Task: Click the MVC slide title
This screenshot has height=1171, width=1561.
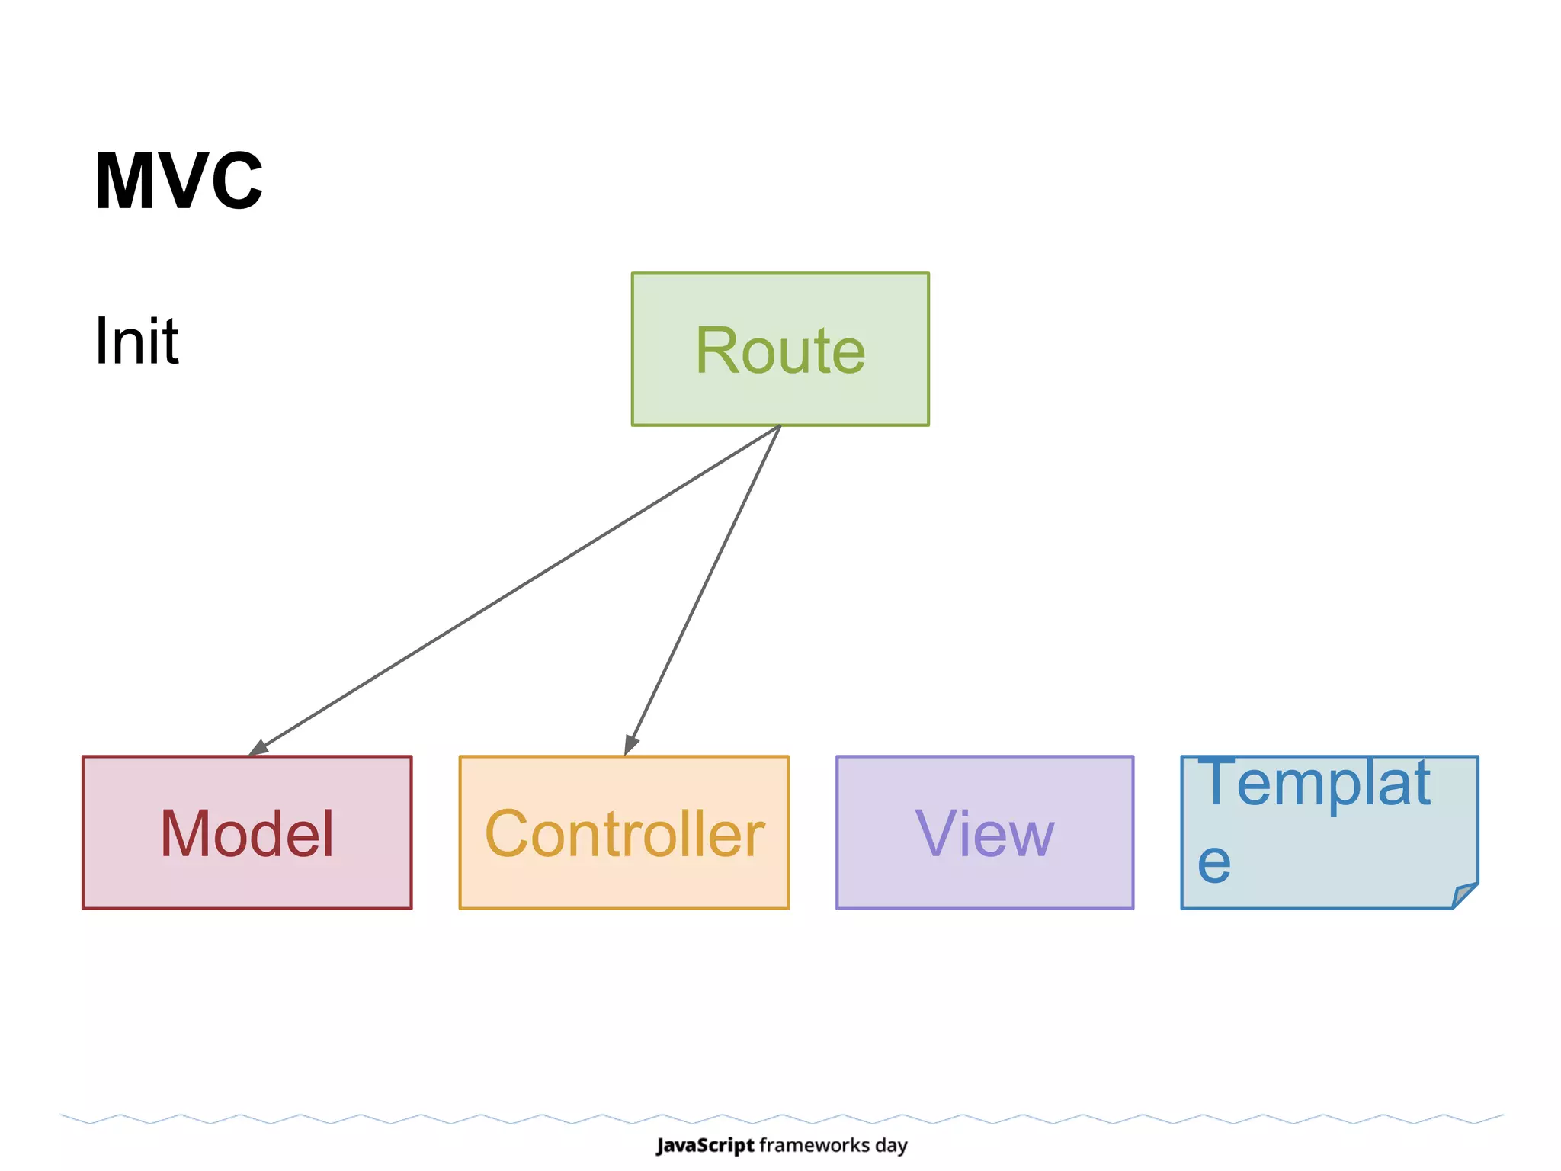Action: (x=178, y=181)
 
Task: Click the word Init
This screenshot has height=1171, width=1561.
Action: (x=136, y=341)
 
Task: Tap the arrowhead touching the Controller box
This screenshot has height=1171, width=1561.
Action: (x=630, y=744)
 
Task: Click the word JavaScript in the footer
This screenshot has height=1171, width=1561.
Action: (x=705, y=1145)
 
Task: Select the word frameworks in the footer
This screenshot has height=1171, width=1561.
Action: (x=815, y=1145)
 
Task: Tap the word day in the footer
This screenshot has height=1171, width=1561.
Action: (x=891, y=1146)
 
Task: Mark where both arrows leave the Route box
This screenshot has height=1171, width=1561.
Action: (x=780, y=426)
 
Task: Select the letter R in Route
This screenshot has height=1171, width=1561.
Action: (x=716, y=350)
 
